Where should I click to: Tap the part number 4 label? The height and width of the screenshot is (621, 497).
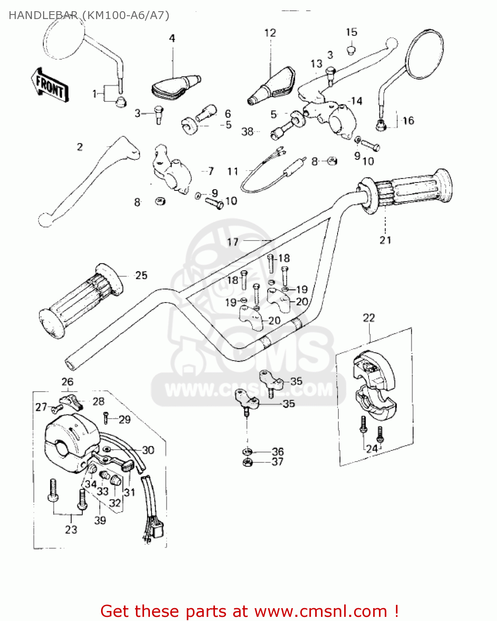[172, 39]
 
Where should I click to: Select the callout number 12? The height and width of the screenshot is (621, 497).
[270, 33]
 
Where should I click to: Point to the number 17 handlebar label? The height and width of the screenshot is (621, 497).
[233, 242]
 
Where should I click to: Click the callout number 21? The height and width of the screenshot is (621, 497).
[385, 240]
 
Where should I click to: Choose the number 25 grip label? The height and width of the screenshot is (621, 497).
[141, 275]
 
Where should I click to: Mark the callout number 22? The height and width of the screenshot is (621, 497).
[369, 318]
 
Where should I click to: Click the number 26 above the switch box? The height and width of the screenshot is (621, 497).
[68, 382]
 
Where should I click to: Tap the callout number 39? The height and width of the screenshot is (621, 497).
[100, 520]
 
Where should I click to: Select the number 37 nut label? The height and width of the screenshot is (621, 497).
[277, 462]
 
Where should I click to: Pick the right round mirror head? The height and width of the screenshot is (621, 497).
[425, 54]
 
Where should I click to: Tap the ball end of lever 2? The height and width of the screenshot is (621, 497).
[45, 220]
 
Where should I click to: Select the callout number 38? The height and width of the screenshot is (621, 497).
[247, 132]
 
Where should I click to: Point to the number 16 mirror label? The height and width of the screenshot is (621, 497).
[408, 120]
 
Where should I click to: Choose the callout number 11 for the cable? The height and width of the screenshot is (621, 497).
[233, 171]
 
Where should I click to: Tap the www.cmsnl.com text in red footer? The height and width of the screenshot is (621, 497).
[321, 611]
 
